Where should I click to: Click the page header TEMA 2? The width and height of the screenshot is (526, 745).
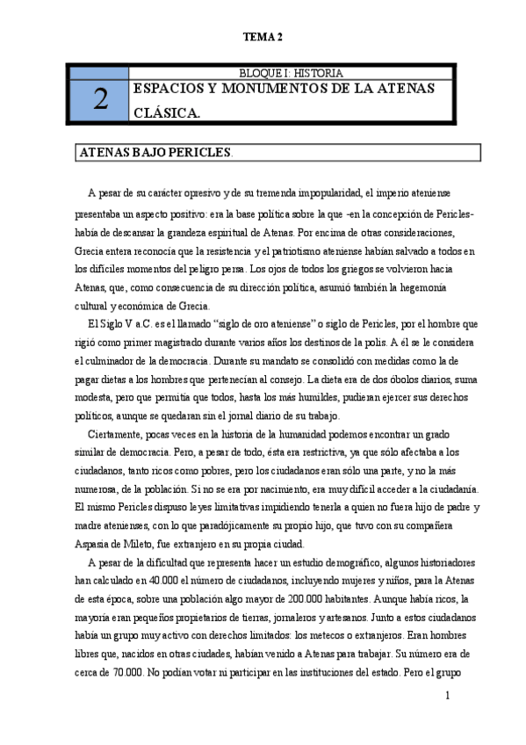click(x=263, y=37)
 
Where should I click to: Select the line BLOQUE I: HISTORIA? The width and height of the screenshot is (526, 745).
click(x=291, y=73)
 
